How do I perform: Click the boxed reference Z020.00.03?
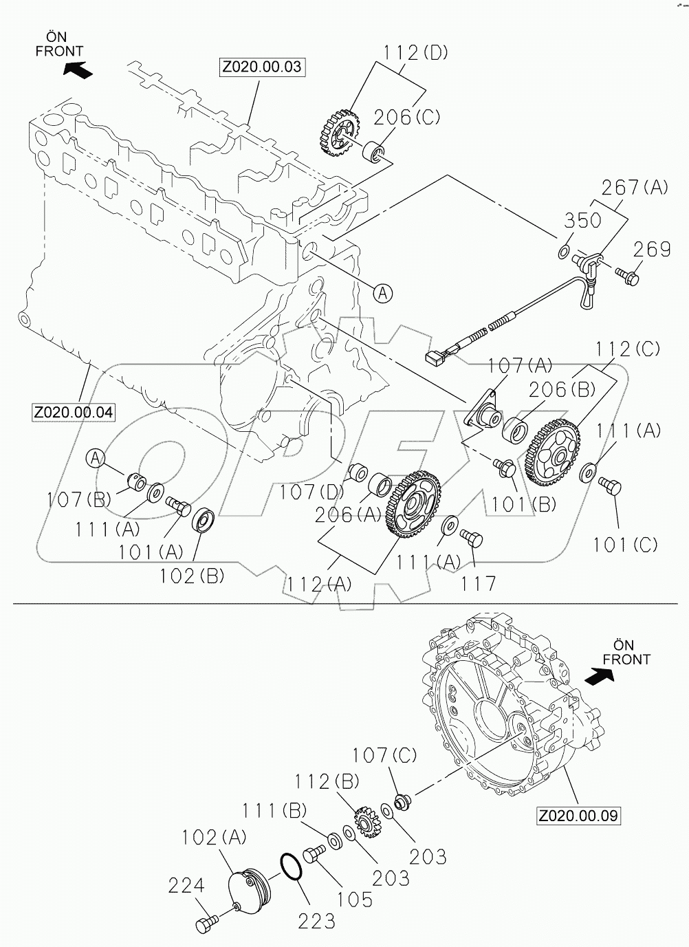pos(262,67)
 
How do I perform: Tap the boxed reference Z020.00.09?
pos(578,816)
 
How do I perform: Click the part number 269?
pos(651,249)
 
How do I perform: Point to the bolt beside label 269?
pos(627,276)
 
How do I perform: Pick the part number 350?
pos(583,221)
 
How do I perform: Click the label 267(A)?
pos(634,187)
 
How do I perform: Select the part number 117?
pos(478,584)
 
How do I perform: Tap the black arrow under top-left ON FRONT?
pos(76,69)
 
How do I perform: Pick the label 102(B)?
pos(192,576)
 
